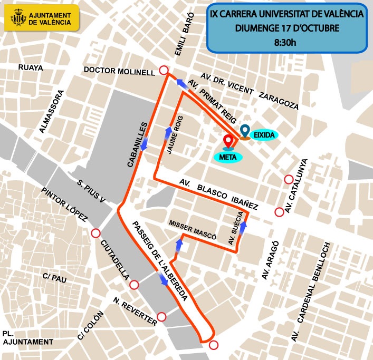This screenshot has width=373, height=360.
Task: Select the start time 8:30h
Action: click(286, 42)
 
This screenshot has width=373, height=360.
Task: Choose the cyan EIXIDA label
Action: click(264, 135)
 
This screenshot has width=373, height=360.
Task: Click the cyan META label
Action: click(228, 157)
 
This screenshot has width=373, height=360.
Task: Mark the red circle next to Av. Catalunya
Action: click(289, 179)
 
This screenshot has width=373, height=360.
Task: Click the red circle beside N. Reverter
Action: click(162, 317)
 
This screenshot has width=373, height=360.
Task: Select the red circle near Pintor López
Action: click(95, 233)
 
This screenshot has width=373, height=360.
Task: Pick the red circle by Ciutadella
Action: click(134, 285)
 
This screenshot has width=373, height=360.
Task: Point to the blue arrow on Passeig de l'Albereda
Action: click(164, 279)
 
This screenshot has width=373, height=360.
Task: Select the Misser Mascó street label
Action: click(192, 229)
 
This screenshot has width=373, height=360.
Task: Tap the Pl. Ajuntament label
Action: click(27, 338)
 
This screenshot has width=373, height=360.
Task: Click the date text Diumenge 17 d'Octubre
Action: click(286, 27)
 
